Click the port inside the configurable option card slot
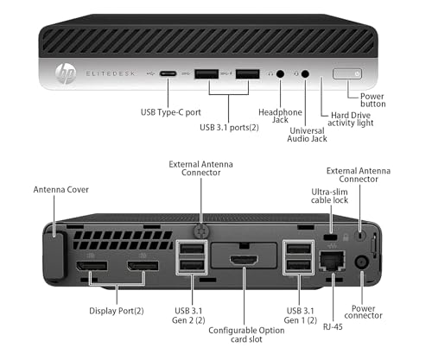tap(243, 259)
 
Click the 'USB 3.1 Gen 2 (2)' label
tap(190, 318)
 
